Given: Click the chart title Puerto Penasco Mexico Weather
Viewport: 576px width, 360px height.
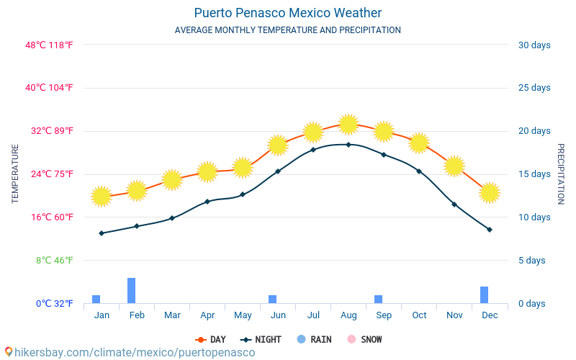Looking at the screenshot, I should [288, 13].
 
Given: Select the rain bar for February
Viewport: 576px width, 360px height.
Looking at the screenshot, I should [132, 290].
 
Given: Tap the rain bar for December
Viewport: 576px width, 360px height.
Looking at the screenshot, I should [485, 294].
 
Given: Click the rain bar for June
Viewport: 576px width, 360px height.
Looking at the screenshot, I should [273, 299].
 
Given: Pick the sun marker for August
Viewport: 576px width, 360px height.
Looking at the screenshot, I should [348, 124].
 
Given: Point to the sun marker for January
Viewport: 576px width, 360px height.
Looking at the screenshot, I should [102, 196].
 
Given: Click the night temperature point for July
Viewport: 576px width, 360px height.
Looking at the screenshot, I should [313, 150].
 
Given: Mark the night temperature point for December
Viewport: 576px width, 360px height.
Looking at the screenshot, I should [490, 230].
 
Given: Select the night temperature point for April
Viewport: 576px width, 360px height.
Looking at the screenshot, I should [207, 202].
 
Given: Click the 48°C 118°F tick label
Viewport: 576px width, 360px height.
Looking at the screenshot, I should [49, 45].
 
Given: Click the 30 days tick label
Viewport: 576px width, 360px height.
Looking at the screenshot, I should [534, 45].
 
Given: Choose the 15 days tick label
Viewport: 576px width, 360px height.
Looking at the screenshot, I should [534, 174].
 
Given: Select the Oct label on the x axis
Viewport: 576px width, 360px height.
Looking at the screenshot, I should [419, 315].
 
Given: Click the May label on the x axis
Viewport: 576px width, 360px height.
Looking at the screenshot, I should [243, 315].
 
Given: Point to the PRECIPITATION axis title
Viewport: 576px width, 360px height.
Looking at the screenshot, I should [561, 174].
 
